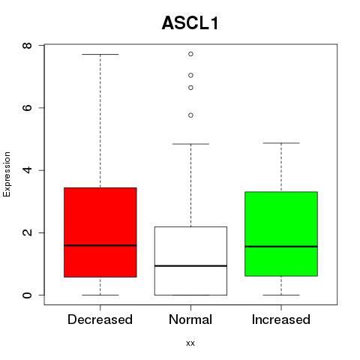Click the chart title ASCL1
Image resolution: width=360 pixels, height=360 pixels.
190,23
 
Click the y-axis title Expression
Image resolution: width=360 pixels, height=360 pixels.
7,174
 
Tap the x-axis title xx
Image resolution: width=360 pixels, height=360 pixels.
190,343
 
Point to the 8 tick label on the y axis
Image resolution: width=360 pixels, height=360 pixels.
27,45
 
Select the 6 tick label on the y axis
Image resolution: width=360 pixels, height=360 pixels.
27,108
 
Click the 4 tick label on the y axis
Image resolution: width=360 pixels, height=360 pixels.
27,170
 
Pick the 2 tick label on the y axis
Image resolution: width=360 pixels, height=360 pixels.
27,232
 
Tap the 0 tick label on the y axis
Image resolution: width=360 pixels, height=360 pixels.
27,295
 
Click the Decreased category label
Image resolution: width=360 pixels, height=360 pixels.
100,319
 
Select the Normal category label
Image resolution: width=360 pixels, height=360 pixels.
190,319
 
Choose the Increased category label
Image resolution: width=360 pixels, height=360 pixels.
281,319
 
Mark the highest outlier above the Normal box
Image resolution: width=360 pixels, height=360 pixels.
190,54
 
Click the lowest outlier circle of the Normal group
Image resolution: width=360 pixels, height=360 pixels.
190,115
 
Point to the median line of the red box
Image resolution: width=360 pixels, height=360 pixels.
100,245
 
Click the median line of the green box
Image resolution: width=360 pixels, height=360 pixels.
281,247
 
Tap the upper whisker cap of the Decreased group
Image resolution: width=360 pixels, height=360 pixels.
100,54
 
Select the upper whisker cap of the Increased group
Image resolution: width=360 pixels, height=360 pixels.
281,143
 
